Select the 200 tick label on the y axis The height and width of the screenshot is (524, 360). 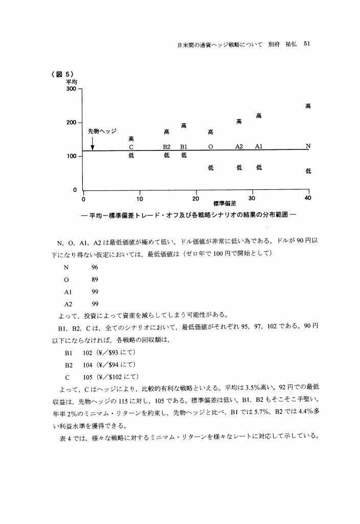pos(71,123)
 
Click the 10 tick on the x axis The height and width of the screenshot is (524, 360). pos(139,199)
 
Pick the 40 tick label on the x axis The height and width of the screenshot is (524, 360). pos(308,199)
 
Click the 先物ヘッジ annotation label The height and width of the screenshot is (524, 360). pos(102,130)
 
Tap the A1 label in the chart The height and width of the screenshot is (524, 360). pos(259,146)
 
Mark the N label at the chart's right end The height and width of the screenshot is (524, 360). pos(307,146)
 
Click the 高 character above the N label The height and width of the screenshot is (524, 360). pos(308,106)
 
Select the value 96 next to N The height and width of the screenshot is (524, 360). pos(95,268)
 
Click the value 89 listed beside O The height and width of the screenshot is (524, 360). pos(95,279)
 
